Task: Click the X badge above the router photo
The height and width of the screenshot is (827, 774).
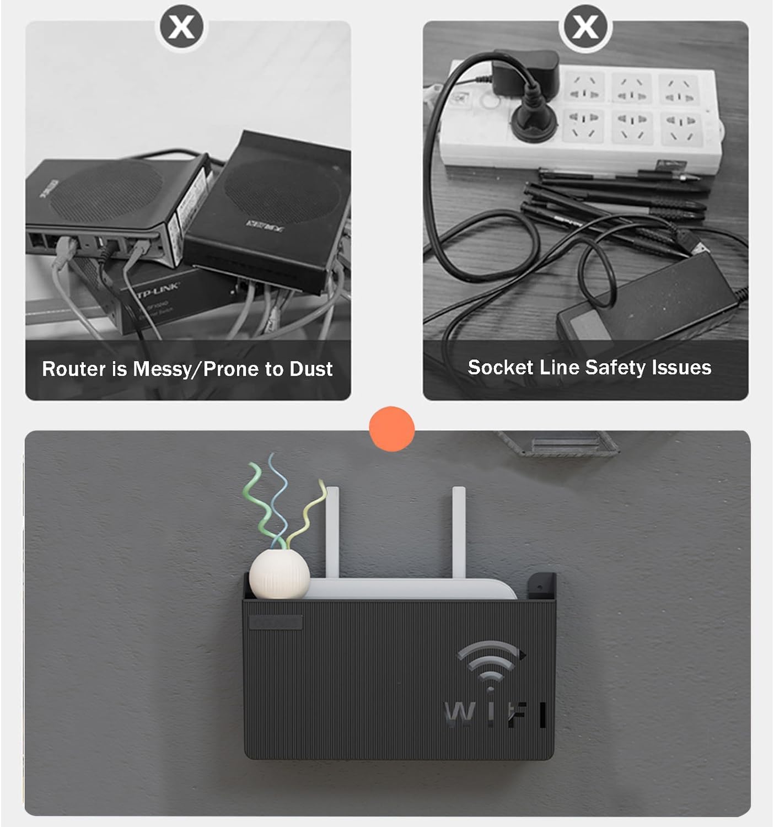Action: pyautogui.click(x=182, y=26)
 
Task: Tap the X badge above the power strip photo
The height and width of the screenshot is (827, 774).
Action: pyautogui.click(x=585, y=26)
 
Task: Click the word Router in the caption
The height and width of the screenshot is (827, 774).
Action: pyautogui.click(x=74, y=369)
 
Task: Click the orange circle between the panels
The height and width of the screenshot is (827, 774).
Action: pyautogui.click(x=392, y=429)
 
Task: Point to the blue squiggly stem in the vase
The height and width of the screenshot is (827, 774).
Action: pyautogui.click(x=275, y=496)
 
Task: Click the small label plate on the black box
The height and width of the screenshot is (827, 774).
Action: pyautogui.click(x=276, y=622)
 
